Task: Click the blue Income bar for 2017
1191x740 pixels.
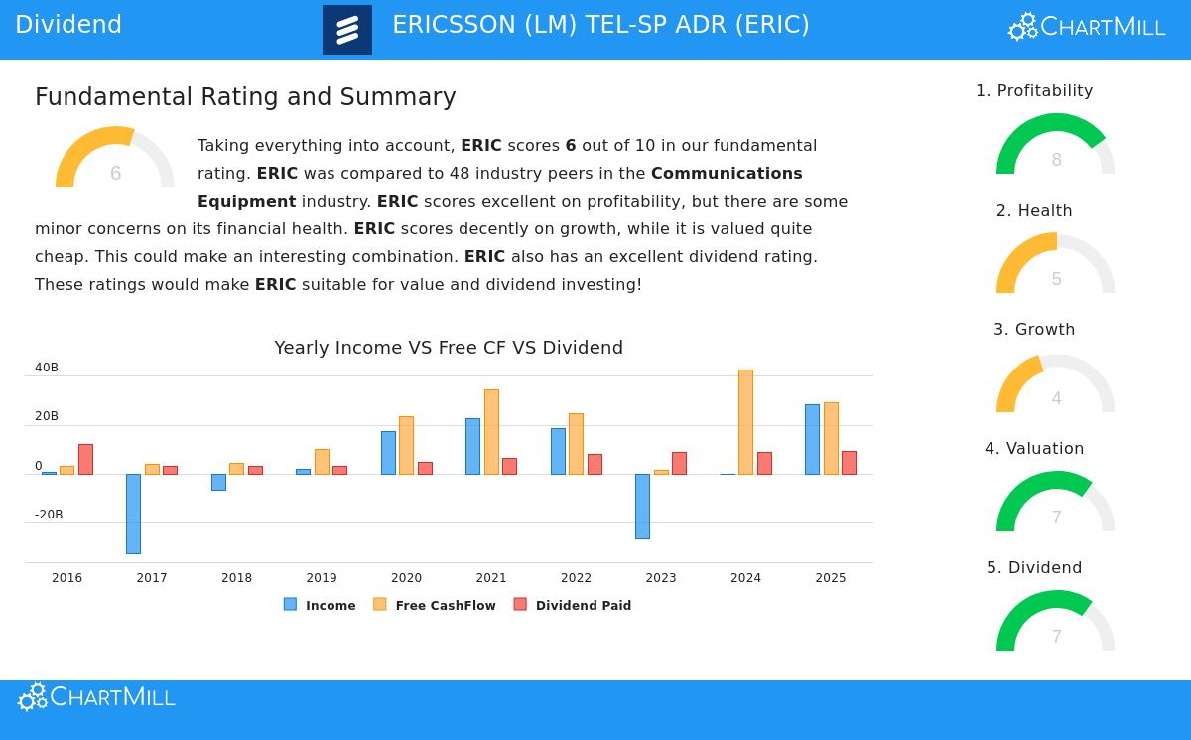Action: (133, 514)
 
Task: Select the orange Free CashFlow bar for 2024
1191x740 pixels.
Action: (745, 422)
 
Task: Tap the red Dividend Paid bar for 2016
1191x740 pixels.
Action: (85, 459)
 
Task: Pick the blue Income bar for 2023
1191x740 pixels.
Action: (642, 507)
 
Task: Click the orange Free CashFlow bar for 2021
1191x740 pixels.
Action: (491, 432)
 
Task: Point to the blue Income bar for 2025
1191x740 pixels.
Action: (812, 439)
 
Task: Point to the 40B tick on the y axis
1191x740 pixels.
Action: (47, 368)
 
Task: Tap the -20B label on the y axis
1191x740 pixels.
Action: (49, 515)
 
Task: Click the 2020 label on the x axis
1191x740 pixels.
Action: (406, 578)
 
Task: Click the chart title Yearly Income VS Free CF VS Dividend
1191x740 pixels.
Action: (449, 348)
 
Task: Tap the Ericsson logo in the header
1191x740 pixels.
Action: (347, 30)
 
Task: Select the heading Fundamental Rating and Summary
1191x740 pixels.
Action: (245, 97)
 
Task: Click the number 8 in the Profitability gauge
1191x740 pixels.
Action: (1056, 160)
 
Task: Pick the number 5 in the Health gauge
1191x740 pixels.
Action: (1056, 279)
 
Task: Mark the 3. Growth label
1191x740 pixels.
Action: (1034, 330)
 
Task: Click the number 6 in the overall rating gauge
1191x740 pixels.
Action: (115, 174)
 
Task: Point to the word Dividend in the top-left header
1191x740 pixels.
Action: (68, 25)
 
